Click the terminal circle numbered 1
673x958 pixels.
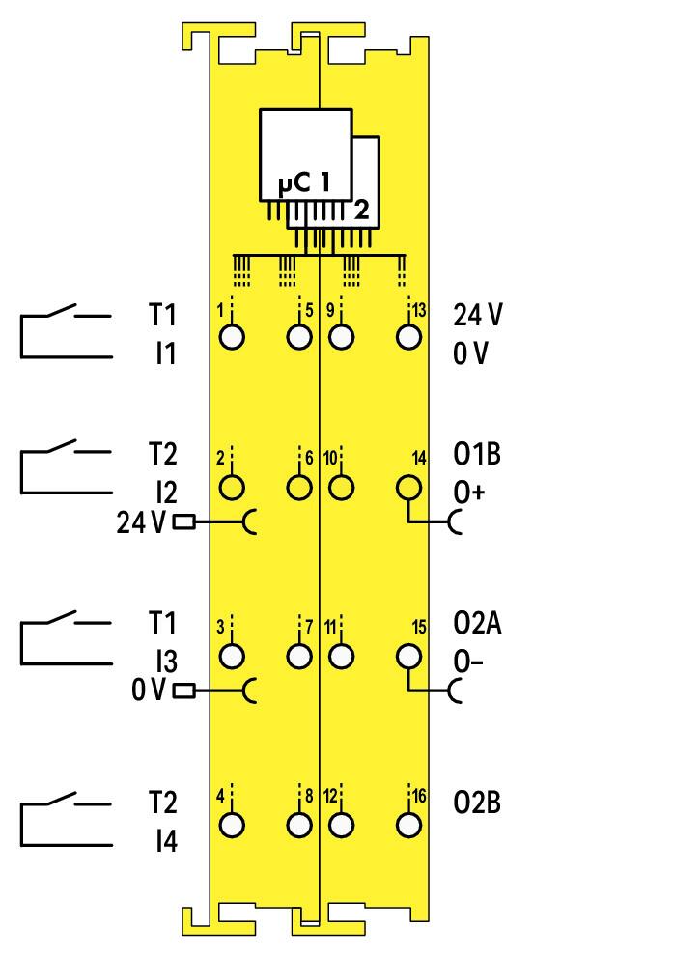coord(232,337)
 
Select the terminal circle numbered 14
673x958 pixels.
coord(408,488)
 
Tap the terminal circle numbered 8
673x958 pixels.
coord(299,826)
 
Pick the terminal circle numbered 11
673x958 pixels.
coord(342,657)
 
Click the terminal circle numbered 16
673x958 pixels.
coord(408,826)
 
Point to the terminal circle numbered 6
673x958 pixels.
coord(299,488)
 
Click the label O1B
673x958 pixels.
coord(477,454)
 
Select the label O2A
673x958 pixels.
coord(478,623)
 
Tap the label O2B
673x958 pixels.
coord(477,803)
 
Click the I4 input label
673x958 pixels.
coord(165,841)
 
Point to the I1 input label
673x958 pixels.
coord(165,353)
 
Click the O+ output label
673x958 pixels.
coord(468,492)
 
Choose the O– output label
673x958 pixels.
coord(468,662)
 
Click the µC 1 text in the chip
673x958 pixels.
coord(303,183)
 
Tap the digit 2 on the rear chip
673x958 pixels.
coord(362,210)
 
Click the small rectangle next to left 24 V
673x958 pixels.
coord(184,522)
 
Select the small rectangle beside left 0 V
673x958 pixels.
coord(184,691)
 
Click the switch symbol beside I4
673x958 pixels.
coord(66,819)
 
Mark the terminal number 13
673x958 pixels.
coord(418,310)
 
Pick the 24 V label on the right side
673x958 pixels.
coord(478,315)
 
